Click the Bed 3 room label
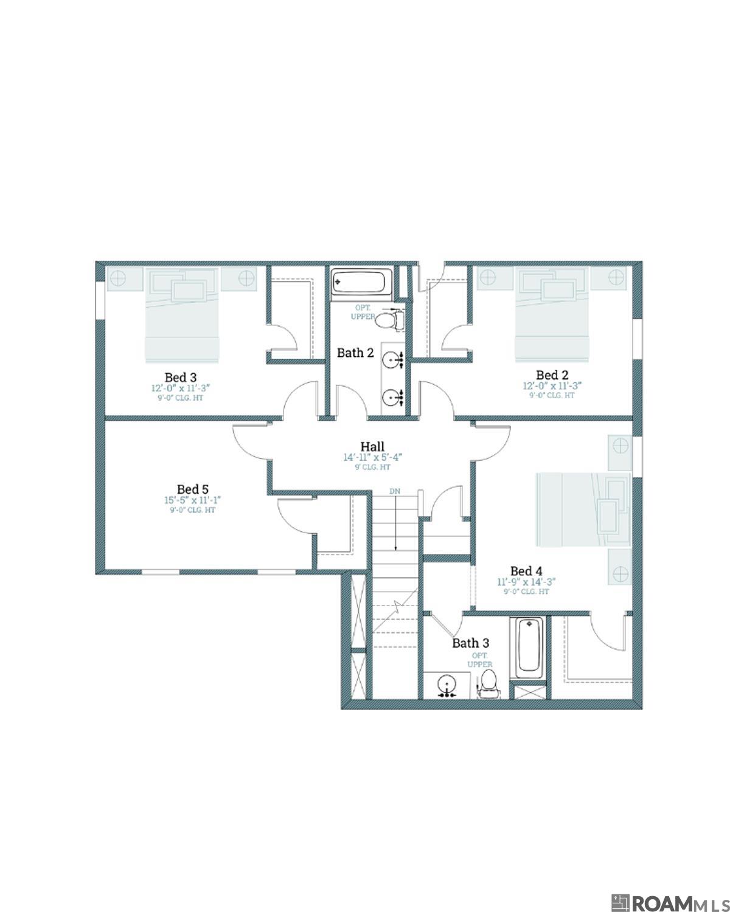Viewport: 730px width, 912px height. pyautogui.click(x=180, y=378)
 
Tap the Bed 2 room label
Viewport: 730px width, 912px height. pyautogui.click(x=552, y=375)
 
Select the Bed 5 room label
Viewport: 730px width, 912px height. pyautogui.click(x=192, y=489)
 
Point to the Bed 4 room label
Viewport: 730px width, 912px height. pyautogui.click(x=526, y=571)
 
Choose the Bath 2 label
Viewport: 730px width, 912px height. pyautogui.click(x=355, y=353)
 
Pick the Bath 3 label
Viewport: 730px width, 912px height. pyautogui.click(x=470, y=643)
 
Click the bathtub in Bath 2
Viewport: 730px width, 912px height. pyautogui.click(x=359, y=282)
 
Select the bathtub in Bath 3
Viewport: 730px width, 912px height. pyautogui.click(x=529, y=647)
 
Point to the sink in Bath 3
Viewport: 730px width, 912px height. pyautogui.click(x=447, y=685)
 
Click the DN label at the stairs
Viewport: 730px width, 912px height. pyautogui.click(x=395, y=491)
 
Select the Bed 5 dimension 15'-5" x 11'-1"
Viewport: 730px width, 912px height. pyautogui.click(x=192, y=500)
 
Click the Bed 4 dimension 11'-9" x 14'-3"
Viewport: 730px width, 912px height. pyautogui.click(x=526, y=582)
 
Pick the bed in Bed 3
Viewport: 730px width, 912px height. pyautogui.click(x=181, y=315)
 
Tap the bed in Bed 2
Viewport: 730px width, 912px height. pyautogui.click(x=552, y=313)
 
